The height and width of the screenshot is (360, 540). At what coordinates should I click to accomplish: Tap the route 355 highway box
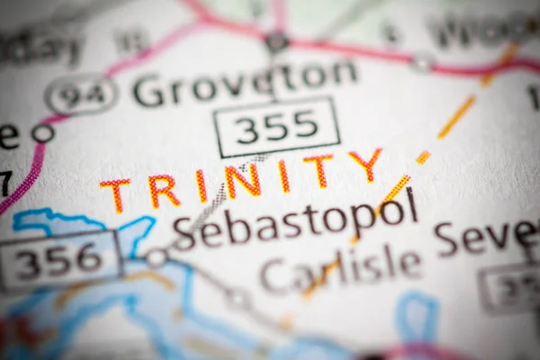276,126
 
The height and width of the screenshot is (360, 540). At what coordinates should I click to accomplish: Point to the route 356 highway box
59,259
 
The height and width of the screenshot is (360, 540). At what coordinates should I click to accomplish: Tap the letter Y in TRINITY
365,164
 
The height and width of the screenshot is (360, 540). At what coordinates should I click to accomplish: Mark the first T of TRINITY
115,194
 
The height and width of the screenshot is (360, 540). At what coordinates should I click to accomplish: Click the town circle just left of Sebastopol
157,258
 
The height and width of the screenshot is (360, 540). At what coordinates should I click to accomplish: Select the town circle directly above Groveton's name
276,41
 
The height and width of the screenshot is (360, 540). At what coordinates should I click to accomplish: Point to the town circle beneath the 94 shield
42,133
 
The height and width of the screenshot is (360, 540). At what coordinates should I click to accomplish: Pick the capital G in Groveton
148,90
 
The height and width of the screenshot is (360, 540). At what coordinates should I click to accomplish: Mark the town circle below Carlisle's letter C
238,299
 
